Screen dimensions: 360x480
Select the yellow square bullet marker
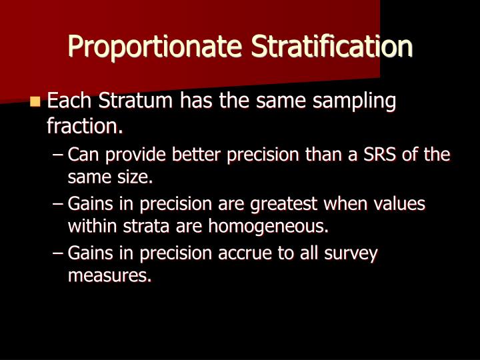(35, 102)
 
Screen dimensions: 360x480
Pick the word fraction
(84, 125)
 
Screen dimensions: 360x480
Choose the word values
(400, 204)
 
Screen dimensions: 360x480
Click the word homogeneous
(269, 226)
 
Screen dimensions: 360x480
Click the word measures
(109, 275)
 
